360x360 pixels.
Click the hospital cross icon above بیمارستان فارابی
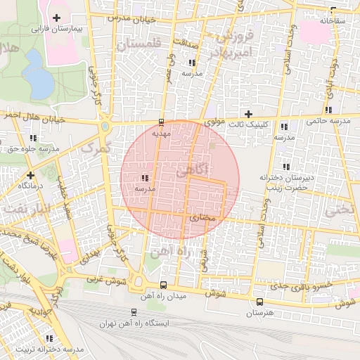tap(56, 18)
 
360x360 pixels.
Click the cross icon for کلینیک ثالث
tap(248, 114)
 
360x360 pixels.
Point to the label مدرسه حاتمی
tap(329, 121)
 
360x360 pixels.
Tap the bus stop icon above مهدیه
tap(162, 121)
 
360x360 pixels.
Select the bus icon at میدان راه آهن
tap(163, 285)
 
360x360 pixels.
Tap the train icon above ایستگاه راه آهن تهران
tap(134, 311)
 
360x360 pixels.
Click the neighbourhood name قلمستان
tap(139, 44)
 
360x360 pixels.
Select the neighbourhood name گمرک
tap(97, 148)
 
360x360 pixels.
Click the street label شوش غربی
tap(103, 280)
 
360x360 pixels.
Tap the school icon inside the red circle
tap(146, 178)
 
